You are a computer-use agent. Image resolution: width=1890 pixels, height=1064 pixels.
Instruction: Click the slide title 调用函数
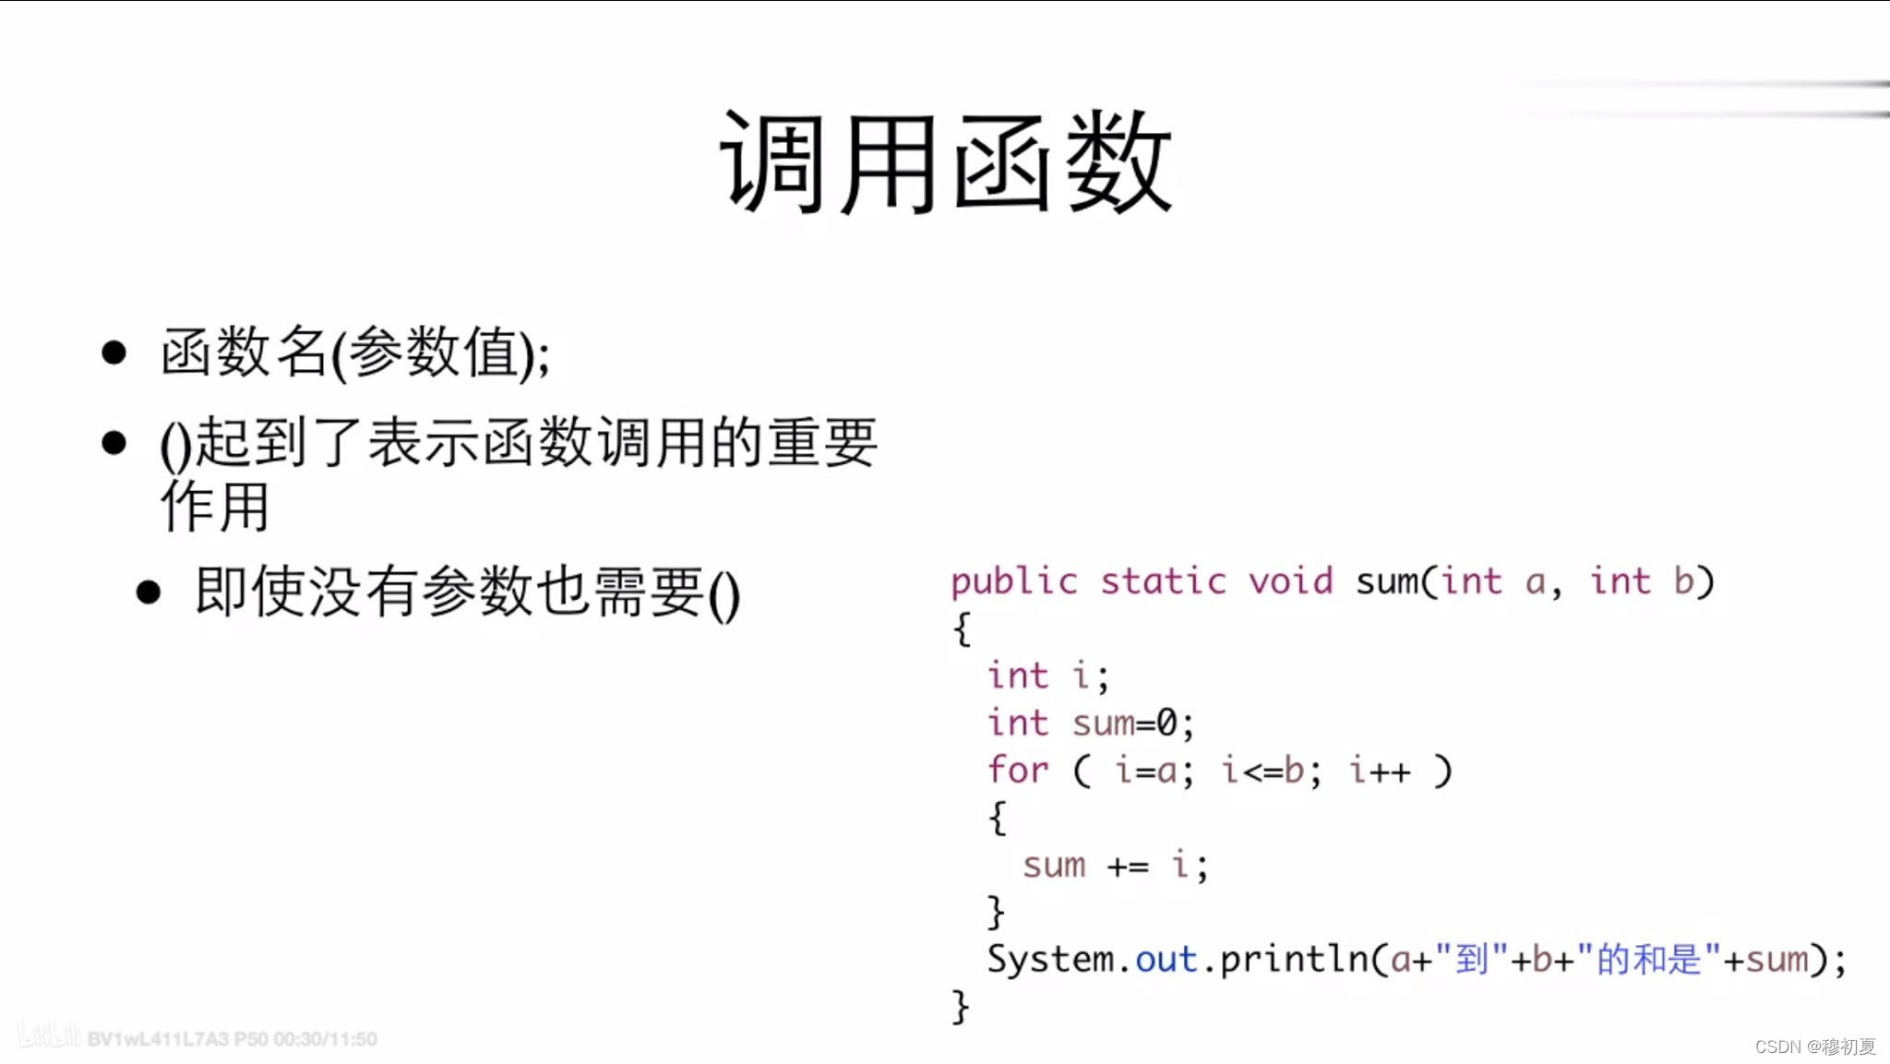point(945,163)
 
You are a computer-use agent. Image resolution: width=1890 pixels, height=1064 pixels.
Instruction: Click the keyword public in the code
point(1013,582)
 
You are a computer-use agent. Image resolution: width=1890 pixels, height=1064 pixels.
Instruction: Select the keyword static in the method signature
point(1163,582)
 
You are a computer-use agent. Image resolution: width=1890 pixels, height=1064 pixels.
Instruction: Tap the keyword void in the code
point(1290,582)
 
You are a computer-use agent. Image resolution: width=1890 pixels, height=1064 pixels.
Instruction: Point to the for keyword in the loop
point(1017,771)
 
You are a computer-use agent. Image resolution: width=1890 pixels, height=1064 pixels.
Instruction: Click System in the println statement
point(1050,960)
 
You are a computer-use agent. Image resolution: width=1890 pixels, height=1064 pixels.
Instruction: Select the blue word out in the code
point(1166,960)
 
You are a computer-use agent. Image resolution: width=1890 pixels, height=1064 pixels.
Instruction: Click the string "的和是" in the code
point(1649,960)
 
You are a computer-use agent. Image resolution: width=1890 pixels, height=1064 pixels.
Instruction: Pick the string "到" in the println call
point(1472,960)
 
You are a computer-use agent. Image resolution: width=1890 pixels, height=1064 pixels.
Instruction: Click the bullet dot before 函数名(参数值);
point(114,353)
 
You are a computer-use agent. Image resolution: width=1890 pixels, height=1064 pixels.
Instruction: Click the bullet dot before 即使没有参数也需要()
point(148,592)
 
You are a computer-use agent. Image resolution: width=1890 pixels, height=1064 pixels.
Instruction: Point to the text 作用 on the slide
point(215,507)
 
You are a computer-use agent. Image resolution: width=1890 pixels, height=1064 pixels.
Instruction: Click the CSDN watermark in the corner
point(1814,1046)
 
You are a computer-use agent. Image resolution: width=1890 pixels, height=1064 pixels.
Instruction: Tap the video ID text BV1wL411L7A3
point(157,1039)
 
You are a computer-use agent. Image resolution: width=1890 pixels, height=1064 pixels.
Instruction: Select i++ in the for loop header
point(1380,771)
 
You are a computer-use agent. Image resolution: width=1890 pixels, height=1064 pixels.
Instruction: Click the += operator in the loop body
point(1128,867)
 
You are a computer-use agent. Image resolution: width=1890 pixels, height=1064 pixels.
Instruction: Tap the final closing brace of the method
point(960,1007)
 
